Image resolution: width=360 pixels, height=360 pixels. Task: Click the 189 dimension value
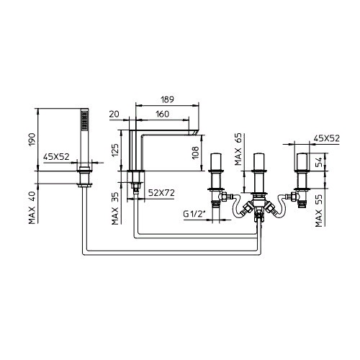(167, 99)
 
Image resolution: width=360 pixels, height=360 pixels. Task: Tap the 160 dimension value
(163, 114)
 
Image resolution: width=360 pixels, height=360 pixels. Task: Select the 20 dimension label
(114, 114)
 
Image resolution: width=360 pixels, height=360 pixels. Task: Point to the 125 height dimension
(115, 150)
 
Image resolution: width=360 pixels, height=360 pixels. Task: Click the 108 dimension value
(195, 153)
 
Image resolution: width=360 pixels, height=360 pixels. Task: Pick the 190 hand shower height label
(32, 140)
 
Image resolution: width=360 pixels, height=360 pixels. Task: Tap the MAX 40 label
(32, 208)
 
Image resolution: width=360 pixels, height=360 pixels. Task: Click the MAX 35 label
(115, 209)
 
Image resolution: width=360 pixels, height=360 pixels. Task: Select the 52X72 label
(161, 193)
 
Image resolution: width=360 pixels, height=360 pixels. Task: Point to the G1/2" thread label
(195, 214)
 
